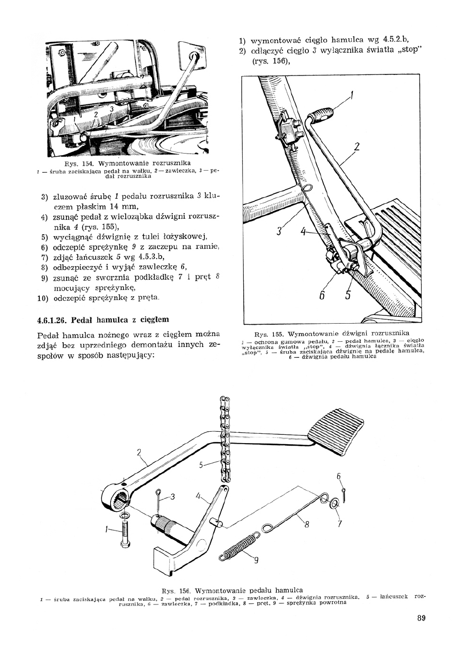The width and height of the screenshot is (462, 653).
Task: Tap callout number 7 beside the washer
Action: tap(340, 524)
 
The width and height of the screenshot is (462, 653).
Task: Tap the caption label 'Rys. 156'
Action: tap(176, 590)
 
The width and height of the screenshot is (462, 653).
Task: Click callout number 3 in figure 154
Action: tap(111, 109)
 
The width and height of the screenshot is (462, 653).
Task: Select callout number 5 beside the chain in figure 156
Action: tap(201, 465)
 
